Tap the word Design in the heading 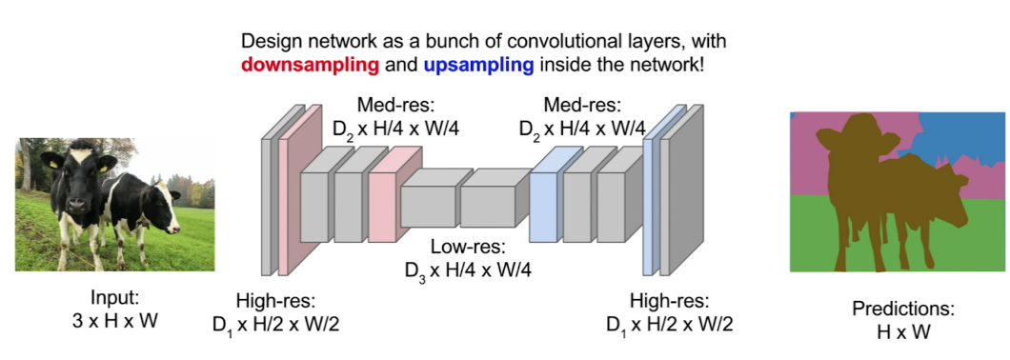pyautogui.click(x=268, y=42)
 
